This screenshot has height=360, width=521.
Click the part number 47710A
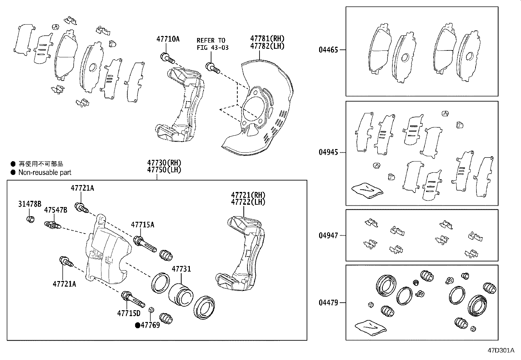pyautogui.click(x=168, y=39)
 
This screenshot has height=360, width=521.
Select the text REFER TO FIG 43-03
pyautogui.click(x=212, y=44)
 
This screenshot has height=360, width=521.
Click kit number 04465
pyautogui.click(x=328, y=50)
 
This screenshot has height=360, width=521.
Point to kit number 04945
pyautogui.click(x=328, y=152)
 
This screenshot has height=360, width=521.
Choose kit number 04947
pyautogui.click(x=328, y=235)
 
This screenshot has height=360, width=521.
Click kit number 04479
pyautogui.click(x=328, y=303)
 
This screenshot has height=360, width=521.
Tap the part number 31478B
pyautogui.click(x=30, y=204)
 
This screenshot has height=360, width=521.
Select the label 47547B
pyautogui.click(x=56, y=210)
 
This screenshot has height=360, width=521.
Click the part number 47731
pyautogui.click(x=181, y=269)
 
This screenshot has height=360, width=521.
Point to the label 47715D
pyautogui.click(x=129, y=313)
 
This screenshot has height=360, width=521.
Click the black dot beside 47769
pyautogui.click(x=138, y=325)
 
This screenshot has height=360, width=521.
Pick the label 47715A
pyautogui.click(x=142, y=225)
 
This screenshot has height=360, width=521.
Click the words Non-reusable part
pyautogui.click(x=45, y=172)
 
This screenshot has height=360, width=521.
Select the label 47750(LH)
pyautogui.click(x=164, y=170)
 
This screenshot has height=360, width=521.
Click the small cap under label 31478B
pyautogui.click(x=30, y=219)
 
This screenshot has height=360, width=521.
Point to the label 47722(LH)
pyautogui.click(x=248, y=202)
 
